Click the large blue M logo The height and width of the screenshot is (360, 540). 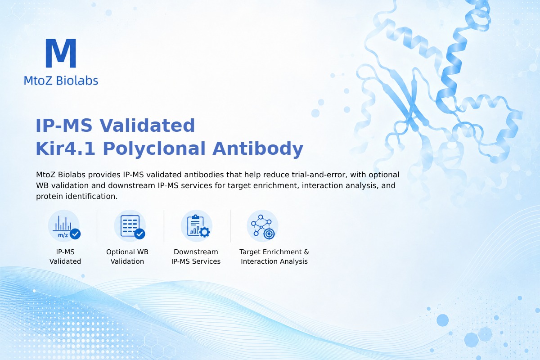coord(61,53)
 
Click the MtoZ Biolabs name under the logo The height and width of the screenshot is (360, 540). coord(61,81)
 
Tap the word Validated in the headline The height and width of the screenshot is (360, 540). coord(147,126)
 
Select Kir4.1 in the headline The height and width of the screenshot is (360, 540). coord(65,148)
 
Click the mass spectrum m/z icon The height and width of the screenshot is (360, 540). coord(64,226)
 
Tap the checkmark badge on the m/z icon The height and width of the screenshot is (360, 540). coord(75,234)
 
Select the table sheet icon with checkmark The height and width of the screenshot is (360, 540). coord(130,226)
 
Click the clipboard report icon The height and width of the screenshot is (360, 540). coord(197,226)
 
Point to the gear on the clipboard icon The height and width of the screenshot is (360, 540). coord(205,232)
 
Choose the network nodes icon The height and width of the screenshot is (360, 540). coord(262,226)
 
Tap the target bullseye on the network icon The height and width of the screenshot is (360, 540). coord(269,234)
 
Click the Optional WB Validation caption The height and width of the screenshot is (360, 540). coord(127,256)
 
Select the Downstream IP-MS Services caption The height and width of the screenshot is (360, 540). coord(196,256)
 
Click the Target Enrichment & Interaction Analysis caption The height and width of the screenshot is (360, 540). coord(274,256)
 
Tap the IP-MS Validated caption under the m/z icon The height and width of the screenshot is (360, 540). coord(65,256)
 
